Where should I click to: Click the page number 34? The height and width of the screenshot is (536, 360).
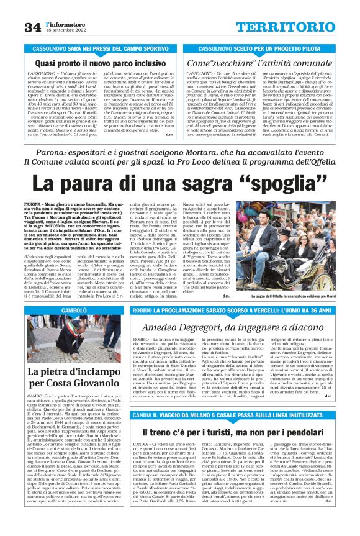click(32, 27)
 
